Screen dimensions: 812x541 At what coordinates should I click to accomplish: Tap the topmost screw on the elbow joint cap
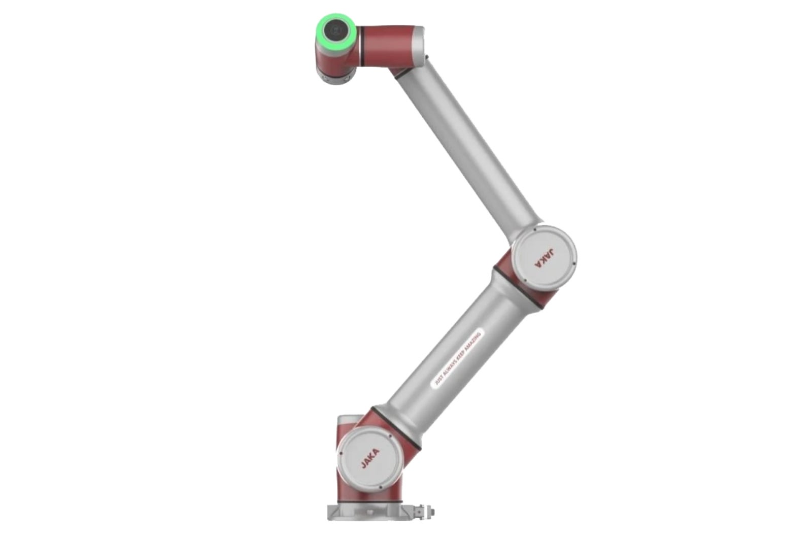point(535,229)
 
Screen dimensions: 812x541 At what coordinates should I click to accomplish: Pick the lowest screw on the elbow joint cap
point(525,280)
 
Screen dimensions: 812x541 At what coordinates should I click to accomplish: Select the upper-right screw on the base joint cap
point(390,436)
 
